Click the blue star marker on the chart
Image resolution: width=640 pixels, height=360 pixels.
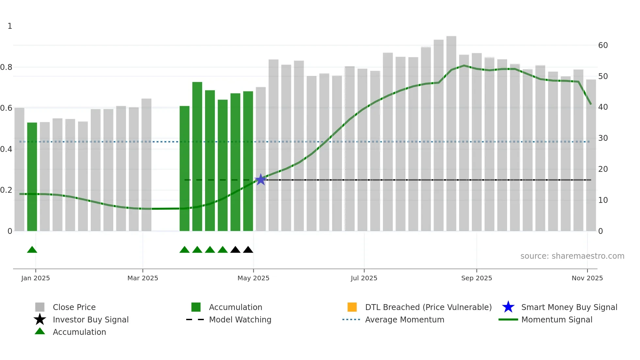[261, 180]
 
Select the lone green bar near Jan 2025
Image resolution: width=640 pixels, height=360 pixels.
[32, 176]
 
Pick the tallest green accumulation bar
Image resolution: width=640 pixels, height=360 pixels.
[197, 157]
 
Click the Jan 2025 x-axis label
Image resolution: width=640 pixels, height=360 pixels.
[36, 278]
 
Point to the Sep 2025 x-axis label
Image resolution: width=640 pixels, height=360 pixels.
[476, 278]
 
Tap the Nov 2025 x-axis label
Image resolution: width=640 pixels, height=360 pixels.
[587, 278]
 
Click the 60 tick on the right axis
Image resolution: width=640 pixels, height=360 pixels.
[603, 45]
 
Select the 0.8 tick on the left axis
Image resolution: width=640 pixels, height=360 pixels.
[6, 67]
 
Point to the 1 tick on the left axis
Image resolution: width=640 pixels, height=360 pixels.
[10, 26]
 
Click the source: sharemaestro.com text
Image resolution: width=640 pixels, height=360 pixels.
[572, 256]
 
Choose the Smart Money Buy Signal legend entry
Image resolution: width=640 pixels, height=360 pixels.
[569, 307]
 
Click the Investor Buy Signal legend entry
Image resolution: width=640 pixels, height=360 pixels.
[90, 320]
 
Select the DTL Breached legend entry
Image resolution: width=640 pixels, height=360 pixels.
[428, 307]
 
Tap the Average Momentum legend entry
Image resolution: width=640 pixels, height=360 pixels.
[404, 320]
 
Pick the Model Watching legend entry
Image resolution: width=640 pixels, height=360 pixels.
[240, 320]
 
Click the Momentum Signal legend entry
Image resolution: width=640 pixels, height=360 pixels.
[556, 320]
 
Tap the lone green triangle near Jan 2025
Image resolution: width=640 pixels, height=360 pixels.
[32, 250]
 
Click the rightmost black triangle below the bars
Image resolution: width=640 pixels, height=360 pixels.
[248, 250]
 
